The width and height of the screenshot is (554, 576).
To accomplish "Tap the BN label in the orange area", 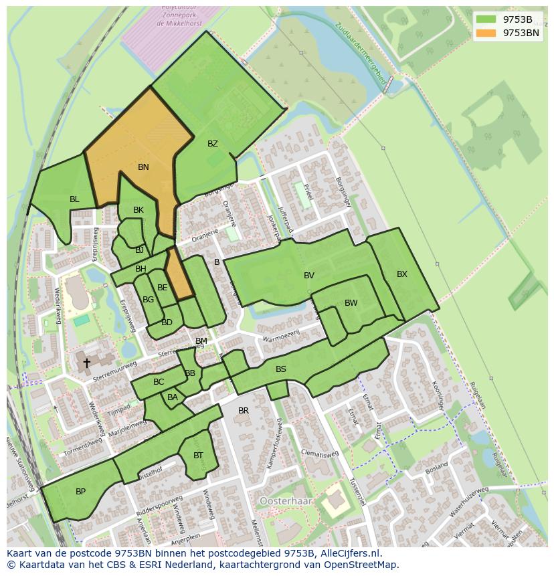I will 143,167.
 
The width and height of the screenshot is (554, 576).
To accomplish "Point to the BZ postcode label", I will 213,144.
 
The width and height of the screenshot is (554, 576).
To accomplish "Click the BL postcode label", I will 74,199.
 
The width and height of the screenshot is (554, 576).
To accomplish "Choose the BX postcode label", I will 401,274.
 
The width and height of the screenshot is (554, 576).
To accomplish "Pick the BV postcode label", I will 309,276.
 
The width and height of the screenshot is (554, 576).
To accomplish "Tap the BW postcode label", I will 351,303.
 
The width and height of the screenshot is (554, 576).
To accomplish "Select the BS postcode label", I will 281,369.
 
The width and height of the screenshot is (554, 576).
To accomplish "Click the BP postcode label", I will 80,492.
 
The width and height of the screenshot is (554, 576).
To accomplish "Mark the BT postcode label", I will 198,456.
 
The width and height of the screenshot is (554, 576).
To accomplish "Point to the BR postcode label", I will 244,411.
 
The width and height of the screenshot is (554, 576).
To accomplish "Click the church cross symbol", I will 86,363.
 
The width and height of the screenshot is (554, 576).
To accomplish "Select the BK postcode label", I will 138,210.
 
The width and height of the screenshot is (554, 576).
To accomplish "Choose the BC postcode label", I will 159,383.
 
